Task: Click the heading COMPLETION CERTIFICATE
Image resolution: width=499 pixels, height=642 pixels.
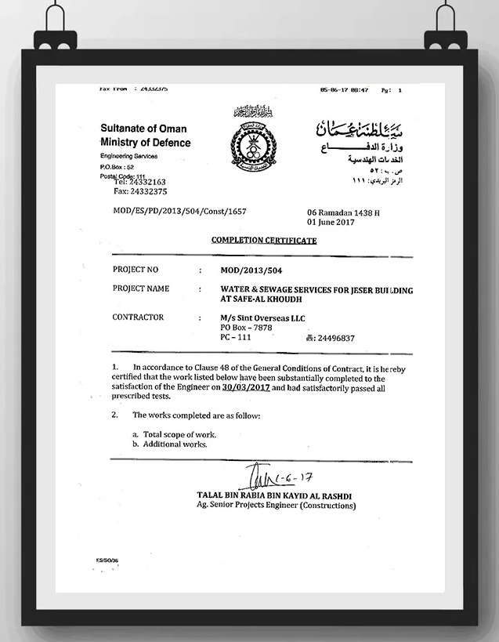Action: [x=264, y=241]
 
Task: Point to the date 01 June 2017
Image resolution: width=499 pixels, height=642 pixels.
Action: [x=330, y=222]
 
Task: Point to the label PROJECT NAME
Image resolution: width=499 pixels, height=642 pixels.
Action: [x=141, y=288]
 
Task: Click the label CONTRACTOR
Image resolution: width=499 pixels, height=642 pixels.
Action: [x=138, y=317]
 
